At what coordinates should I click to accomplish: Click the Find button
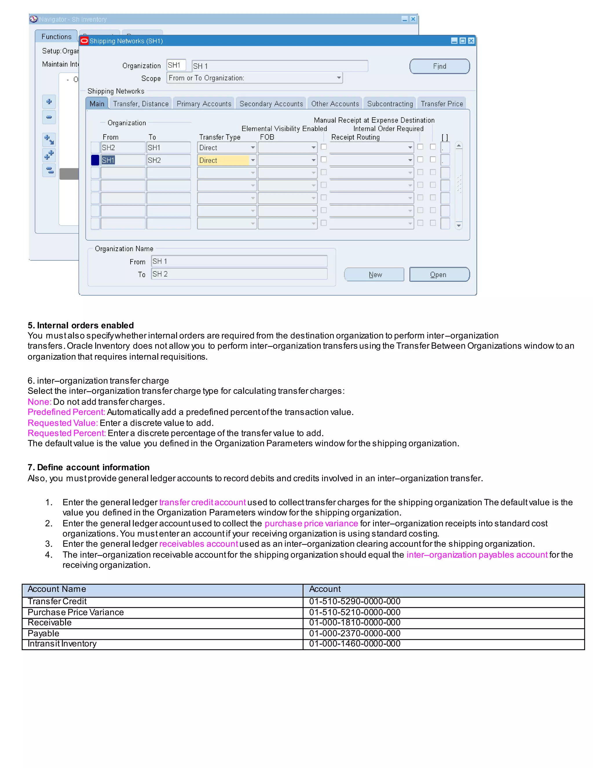[x=439, y=66]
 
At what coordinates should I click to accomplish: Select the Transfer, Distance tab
[x=140, y=104]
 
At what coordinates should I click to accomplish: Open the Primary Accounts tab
[x=204, y=104]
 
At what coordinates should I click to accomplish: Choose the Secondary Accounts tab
[x=271, y=104]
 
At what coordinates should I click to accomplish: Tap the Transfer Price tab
[x=442, y=104]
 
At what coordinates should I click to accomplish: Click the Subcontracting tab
[x=390, y=104]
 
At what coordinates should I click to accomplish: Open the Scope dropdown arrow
[x=339, y=78]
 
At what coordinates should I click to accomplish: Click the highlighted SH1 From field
[x=122, y=160]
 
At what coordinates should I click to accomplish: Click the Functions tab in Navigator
[x=56, y=37]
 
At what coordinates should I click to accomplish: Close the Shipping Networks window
[x=471, y=41]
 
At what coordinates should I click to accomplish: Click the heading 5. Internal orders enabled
[x=81, y=325]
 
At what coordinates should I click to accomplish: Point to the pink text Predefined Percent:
[x=66, y=412]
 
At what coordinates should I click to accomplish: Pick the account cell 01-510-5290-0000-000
[x=354, y=601]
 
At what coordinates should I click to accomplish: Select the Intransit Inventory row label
[x=62, y=643]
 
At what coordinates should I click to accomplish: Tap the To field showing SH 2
[x=239, y=274]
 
